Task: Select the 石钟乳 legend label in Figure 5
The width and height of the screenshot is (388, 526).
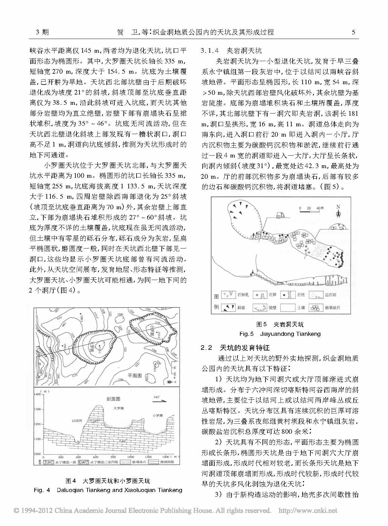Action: pyautogui.click(x=243, y=295)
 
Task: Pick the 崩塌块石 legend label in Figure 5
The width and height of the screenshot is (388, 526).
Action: pyautogui.click(x=332, y=308)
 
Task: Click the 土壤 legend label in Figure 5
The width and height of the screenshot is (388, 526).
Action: pyautogui.click(x=301, y=308)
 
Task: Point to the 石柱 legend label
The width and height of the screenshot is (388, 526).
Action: pyautogui.click(x=301, y=295)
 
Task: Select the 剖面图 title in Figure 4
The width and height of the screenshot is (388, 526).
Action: pyautogui.click(x=113, y=399)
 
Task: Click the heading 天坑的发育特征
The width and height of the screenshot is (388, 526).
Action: pyautogui.click(x=245, y=348)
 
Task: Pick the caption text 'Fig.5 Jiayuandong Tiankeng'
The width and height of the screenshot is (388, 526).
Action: pyautogui.click(x=280, y=334)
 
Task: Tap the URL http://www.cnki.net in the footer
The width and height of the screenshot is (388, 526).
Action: pyautogui.click(x=308, y=511)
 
